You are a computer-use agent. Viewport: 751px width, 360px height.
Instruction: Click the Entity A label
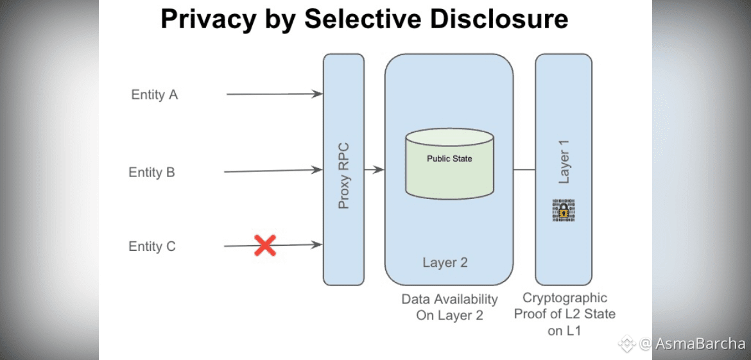(x=154, y=95)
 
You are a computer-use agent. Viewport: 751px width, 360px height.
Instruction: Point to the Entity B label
(x=152, y=172)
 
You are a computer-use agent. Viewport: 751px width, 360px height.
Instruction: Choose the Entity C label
(x=152, y=246)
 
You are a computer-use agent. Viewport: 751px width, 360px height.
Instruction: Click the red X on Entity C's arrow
(x=265, y=246)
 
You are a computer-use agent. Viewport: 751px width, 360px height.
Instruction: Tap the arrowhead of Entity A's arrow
(x=318, y=94)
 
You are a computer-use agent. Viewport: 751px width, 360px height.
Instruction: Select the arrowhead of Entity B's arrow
(x=318, y=169)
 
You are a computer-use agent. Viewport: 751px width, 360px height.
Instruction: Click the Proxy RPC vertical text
(x=343, y=175)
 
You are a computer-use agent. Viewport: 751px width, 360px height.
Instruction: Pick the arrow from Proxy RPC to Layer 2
(x=374, y=169)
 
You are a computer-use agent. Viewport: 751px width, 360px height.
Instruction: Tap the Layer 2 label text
(x=445, y=262)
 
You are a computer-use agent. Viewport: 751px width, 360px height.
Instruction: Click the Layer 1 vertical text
(x=564, y=166)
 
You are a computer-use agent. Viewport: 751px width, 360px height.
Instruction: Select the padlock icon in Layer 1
(x=564, y=210)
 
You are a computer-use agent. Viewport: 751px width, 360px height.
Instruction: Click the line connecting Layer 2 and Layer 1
(x=524, y=169)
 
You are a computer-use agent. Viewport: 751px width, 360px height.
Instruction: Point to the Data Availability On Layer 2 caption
(x=449, y=307)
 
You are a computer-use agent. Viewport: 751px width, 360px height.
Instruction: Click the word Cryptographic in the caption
(x=565, y=298)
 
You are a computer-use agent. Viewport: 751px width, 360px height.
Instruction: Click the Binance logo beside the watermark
(x=626, y=343)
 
